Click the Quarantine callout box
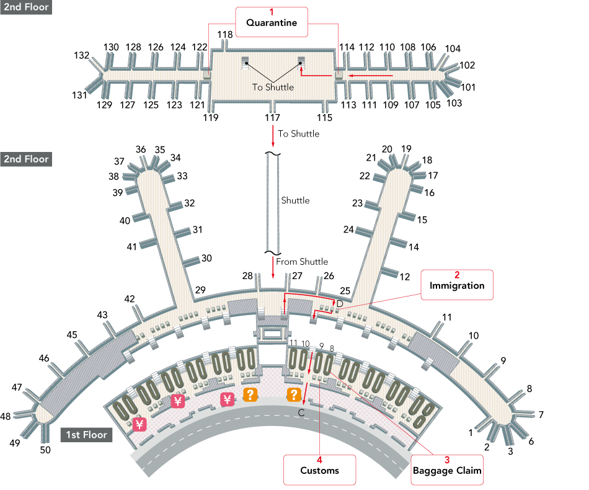[271, 23]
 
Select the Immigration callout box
[457, 285]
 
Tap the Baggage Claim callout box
[447, 470]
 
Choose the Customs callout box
[319, 470]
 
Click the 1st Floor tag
[87, 435]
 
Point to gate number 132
[82, 55]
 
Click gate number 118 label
[225, 34]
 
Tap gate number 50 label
[45, 450]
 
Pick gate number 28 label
[248, 275]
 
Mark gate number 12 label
[405, 277]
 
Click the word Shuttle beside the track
[295, 200]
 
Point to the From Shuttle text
[302, 262]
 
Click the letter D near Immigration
[339, 303]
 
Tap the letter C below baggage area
[301, 412]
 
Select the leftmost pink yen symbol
[139, 425]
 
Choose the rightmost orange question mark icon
[294, 394]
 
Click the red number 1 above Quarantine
[270, 12]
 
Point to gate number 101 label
[467, 87]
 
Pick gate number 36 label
[141, 149]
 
